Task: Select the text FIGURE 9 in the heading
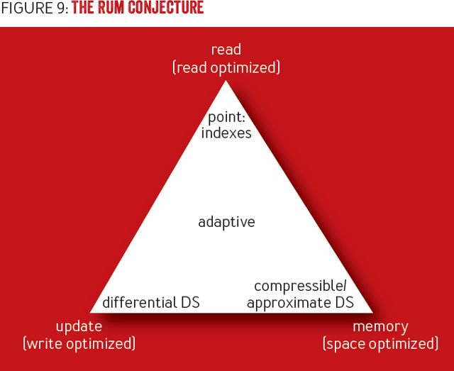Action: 34,9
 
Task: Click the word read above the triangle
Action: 226,50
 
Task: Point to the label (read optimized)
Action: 226,67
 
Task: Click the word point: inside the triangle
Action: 226,116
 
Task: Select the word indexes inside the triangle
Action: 226,133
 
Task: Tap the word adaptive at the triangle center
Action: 226,222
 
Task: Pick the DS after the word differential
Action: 188,303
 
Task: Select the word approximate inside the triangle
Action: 288,303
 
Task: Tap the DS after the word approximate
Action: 343,303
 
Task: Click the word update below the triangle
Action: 79,326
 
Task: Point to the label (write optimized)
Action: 79,344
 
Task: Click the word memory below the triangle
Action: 380,326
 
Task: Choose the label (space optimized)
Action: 380,344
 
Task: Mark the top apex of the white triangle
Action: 226,82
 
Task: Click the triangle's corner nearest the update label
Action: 92,311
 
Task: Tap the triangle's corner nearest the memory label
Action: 372,311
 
